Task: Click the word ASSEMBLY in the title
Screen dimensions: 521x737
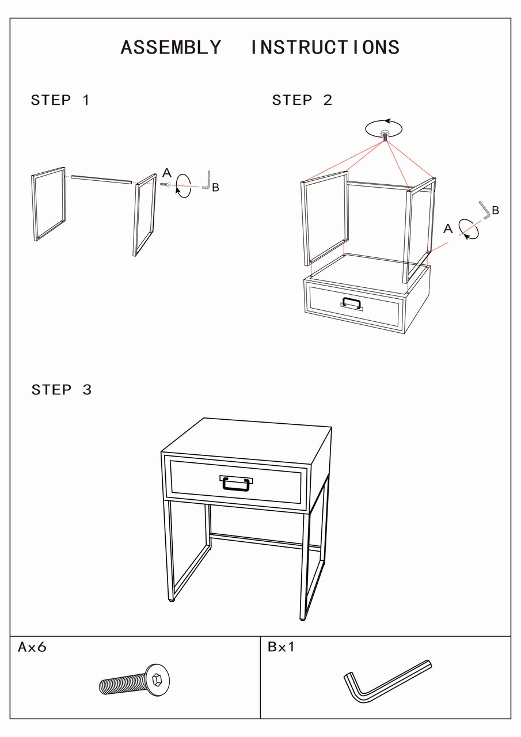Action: click(x=171, y=47)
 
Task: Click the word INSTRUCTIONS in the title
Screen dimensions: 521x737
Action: click(x=325, y=47)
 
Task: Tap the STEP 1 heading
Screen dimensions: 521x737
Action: click(x=60, y=100)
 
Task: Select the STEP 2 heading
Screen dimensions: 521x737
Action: click(x=302, y=100)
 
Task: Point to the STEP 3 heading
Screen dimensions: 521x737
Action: click(x=62, y=390)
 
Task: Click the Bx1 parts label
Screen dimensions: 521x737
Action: click(x=281, y=647)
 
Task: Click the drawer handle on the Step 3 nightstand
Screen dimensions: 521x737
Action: click(x=236, y=483)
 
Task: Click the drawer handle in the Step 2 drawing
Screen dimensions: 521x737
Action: click(x=352, y=303)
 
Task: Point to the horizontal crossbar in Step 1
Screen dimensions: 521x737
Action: click(x=101, y=180)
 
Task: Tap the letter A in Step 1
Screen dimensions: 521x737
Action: click(x=167, y=173)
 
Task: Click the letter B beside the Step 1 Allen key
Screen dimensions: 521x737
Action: click(x=215, y=188)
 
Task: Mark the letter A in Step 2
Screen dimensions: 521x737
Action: click(x=448, y=229)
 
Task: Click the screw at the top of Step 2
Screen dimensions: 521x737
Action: click(x=385, y=135)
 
